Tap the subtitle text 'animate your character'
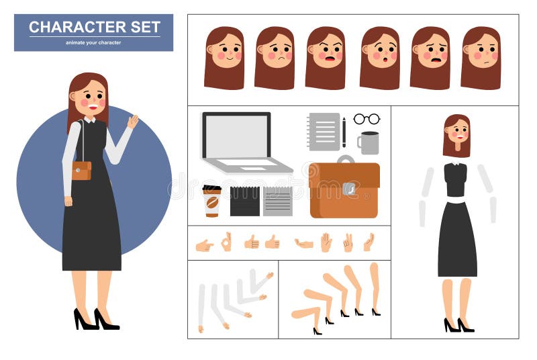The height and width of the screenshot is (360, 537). (x=93, y=43)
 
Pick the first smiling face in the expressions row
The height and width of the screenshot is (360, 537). (x=224, y=57)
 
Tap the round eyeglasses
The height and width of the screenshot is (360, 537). (x=367, y=119)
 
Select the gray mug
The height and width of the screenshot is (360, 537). (x=369, y=142)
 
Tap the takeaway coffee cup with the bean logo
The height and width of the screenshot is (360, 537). (x=211, y=201)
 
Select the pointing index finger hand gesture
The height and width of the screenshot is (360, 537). (x=204, y=246)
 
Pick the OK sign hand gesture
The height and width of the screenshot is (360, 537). (x=226, y=241)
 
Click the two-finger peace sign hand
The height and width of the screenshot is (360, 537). (x=348, y=242)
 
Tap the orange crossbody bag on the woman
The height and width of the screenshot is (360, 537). (x=81, y=171)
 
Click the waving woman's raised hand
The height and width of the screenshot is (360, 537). (x=133, y=122)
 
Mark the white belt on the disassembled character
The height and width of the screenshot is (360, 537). (x=456, y=199)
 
